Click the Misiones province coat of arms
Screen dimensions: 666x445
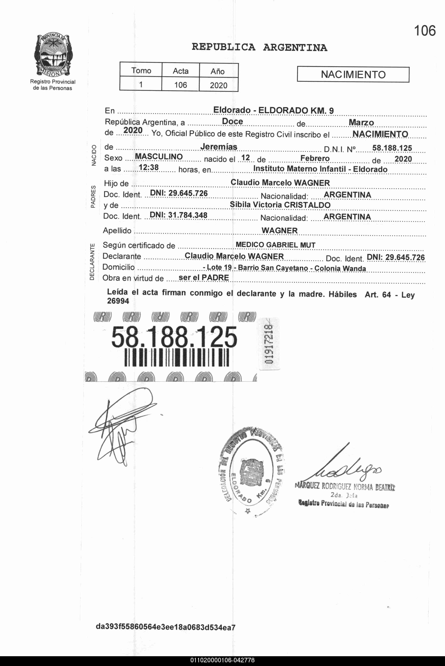53,55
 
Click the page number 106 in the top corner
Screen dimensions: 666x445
425,31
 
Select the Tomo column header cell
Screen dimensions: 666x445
141,70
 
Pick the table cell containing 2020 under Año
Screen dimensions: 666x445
219,85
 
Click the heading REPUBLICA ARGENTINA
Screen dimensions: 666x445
259,47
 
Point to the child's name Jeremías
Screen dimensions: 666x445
219,147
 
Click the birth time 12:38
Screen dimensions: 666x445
149,168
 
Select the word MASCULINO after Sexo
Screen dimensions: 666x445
159,157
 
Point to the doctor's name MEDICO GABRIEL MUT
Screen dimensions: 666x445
275,245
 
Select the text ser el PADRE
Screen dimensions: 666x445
204,278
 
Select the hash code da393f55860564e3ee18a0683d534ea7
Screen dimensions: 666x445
166,627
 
